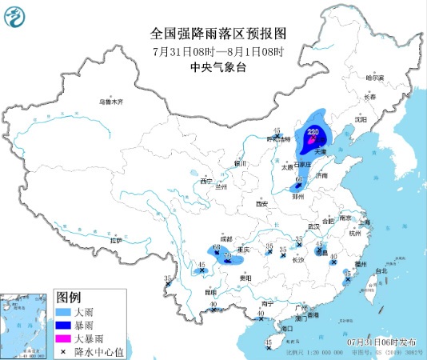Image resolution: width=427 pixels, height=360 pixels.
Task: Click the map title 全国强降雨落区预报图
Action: click(218, 33)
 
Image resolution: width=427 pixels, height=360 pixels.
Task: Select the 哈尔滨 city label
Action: click(375, 78)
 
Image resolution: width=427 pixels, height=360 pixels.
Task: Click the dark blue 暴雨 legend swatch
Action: click(65, 325)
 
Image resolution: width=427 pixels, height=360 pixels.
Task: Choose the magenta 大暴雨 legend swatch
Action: click(65, 338)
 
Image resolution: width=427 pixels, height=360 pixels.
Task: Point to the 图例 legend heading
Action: click(69, 296)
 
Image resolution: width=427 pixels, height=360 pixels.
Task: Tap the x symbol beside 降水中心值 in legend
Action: click(64, 351)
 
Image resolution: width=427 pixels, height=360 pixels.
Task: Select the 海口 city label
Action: click(287, 329)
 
